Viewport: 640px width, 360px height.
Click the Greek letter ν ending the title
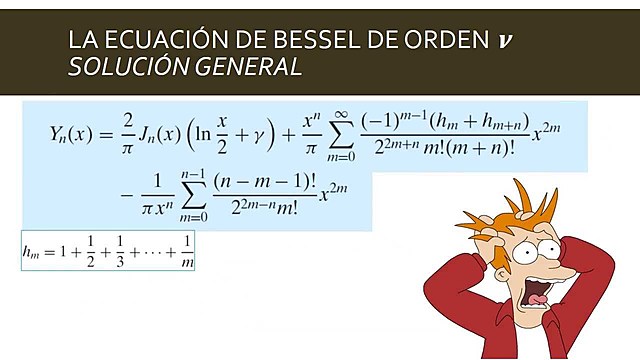click(508, 42)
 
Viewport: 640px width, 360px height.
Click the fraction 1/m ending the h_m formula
click(187, 250)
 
